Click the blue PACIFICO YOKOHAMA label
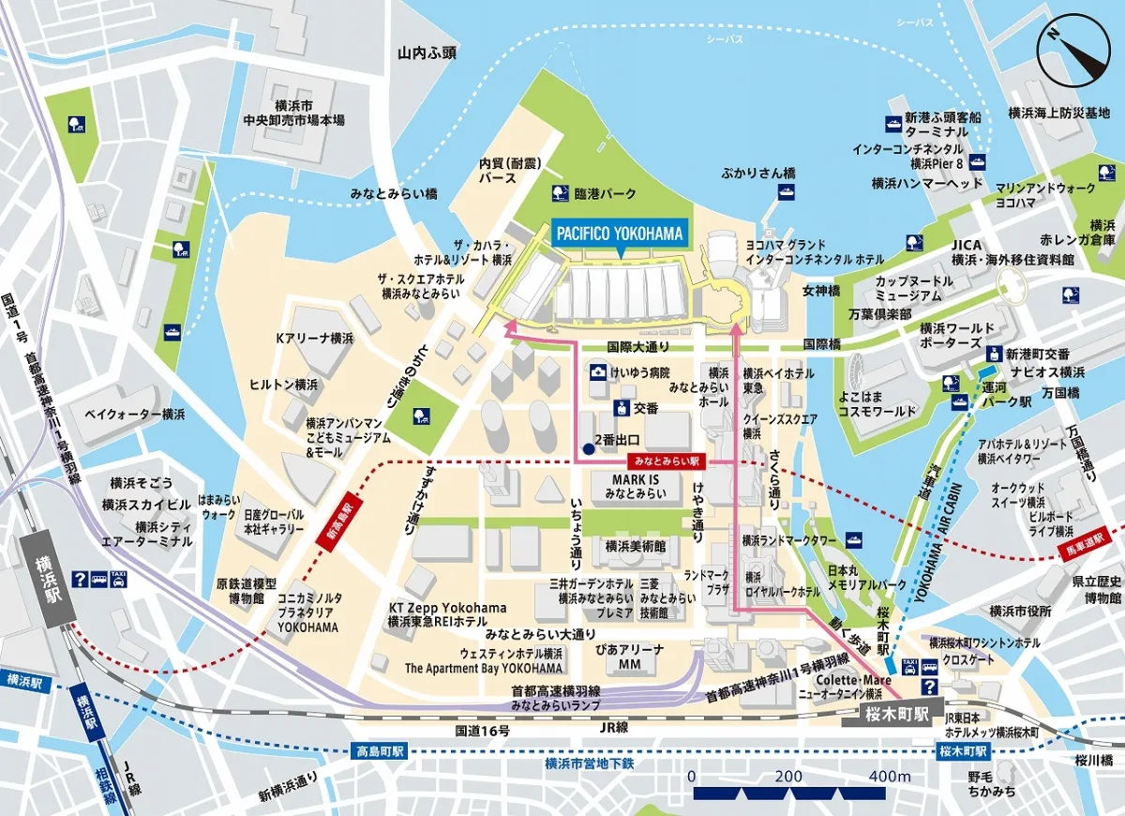pyautogui.click(x=619, y=232)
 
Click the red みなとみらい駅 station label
pyautogui.click(x=667, y=462)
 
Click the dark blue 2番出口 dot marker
pyautogui.click(x=588, y=449)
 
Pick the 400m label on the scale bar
pyautogui.click(x=889, y=777)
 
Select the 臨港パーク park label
pyautogui.click(x=605, y=193)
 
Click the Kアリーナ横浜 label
pyautogui.click(x=314, y=338)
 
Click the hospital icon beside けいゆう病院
pyautogui.click(x=597, y=372)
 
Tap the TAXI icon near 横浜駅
pyautogui.click(x=117, y=579)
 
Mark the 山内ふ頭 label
pyautogui.click(x=426, y=53)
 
